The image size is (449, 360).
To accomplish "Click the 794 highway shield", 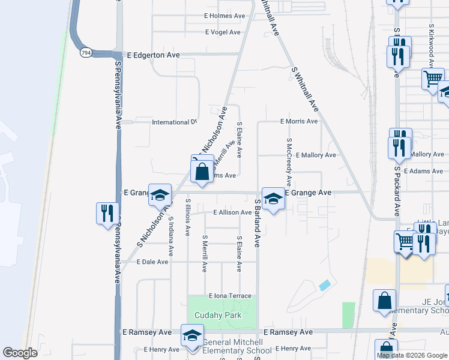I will tap(86, 53).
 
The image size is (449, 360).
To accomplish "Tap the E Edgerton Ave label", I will tap(153, 55).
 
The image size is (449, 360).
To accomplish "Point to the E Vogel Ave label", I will tap(223, 32).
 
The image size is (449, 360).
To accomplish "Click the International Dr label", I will tap(175, 122).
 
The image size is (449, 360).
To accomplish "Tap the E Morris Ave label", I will tap(299, 121).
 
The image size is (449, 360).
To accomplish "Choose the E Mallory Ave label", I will tap(315, 155).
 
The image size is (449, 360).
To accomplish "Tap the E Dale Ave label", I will tap(152, 262).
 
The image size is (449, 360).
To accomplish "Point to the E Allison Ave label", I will tap(232, 212).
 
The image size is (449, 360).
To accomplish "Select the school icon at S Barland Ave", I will tap(273, 199).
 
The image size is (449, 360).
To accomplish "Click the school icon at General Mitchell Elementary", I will tap(192, 336).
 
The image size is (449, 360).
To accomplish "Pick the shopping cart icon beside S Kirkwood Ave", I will tap(432, 79).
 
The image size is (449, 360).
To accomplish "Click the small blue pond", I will tap(325, 286).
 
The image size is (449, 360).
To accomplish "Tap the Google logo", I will tap(20, 353).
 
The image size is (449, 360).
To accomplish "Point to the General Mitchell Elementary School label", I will tap(237, 347).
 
